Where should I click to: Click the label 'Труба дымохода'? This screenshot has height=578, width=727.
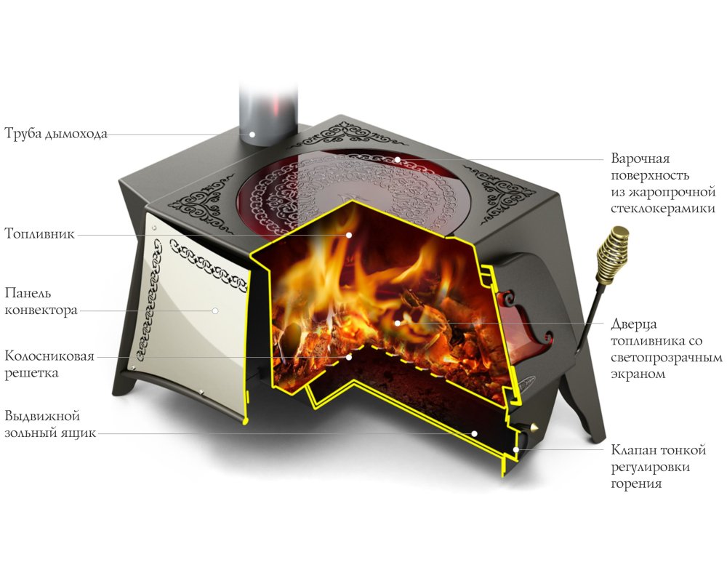pos(56,134)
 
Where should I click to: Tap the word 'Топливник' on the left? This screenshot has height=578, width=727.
pos(39,233)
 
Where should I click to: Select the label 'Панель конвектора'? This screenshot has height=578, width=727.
pos(41,301)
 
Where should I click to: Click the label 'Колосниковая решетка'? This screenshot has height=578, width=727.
pos(49,364)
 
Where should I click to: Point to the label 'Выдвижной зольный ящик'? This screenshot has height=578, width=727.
pos(50,424)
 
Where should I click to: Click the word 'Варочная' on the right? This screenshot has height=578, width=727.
pos(640,158)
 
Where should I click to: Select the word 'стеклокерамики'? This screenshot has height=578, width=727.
pos(663,209)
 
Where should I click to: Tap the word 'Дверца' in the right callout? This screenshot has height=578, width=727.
pos(634,324)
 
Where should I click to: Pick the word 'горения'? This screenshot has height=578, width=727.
pos(635,484)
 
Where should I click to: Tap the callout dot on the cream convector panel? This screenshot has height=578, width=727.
pos(215,310)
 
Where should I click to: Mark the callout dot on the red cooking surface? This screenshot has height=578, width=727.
pos(398,159)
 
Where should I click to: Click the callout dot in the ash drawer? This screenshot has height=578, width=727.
pos(474,434)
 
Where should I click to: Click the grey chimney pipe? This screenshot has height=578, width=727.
pos(269,113)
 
